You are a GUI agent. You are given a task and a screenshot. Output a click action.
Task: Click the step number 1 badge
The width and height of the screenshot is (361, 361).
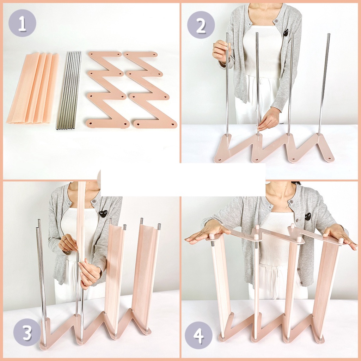tap(22, 23)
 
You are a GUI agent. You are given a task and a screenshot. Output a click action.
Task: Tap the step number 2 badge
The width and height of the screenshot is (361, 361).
tap(201, 25)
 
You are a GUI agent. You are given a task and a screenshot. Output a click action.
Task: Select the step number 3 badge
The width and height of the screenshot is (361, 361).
tap(27, 332)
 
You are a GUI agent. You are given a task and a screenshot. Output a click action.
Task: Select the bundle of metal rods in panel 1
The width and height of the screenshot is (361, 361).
tap(69, 91)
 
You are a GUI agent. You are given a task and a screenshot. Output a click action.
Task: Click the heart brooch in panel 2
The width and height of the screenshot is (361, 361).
tap(286, 33)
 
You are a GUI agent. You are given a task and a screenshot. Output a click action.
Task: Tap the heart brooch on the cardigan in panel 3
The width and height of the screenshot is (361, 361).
tap(103, 213)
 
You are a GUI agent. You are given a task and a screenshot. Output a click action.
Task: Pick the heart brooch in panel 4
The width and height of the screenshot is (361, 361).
tap(308, 216)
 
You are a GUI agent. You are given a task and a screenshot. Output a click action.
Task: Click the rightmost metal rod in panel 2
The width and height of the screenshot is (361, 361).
tap(324, 85)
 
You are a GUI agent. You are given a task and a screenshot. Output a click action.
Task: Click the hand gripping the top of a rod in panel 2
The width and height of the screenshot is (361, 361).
tap(221, 51)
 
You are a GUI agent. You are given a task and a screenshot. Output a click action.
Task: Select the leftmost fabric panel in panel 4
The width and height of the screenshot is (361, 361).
tap(221, 282)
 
